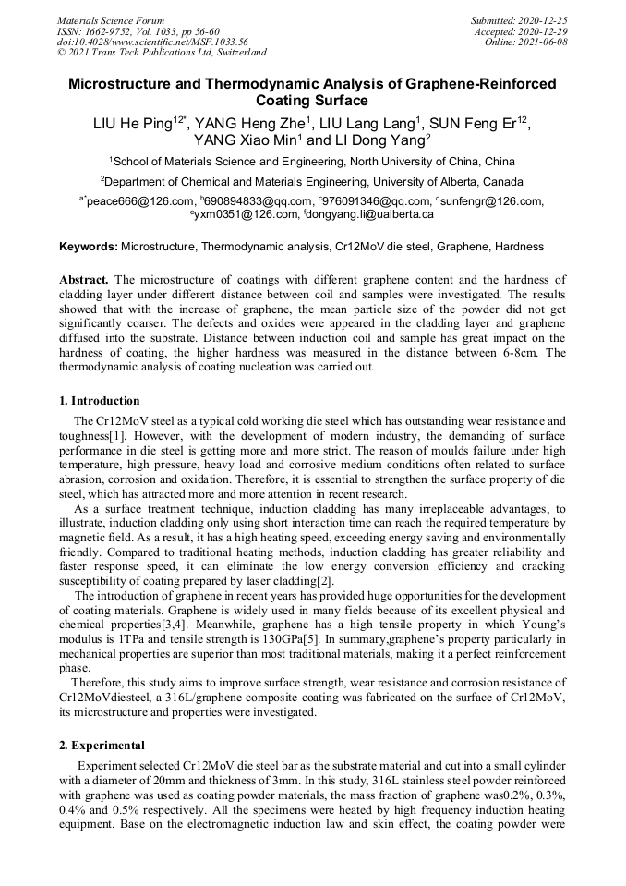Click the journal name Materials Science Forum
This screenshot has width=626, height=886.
(111, 20)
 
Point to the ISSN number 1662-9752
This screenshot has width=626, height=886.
(113, 31)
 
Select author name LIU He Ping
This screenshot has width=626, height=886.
(133, 124)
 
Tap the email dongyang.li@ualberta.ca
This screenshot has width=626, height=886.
(368, 213)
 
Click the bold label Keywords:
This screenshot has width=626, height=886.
(89, 247)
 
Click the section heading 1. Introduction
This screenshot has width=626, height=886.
(100, 401)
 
